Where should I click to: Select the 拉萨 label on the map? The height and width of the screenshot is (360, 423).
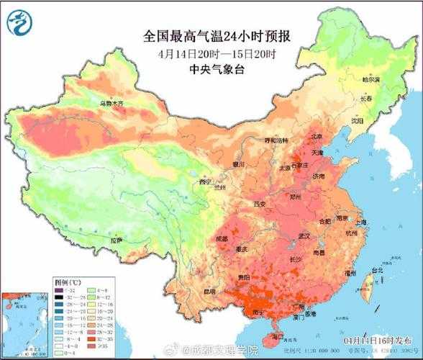coord(115,239)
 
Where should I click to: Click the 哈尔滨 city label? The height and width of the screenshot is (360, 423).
coord(370,80)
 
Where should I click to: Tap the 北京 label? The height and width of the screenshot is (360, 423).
coord(315,136)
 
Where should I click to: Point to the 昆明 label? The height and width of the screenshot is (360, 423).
coord(209,292)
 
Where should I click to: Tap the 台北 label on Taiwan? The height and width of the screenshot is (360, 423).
coord(376,271)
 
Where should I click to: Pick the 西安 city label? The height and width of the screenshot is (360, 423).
coord(260,205)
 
